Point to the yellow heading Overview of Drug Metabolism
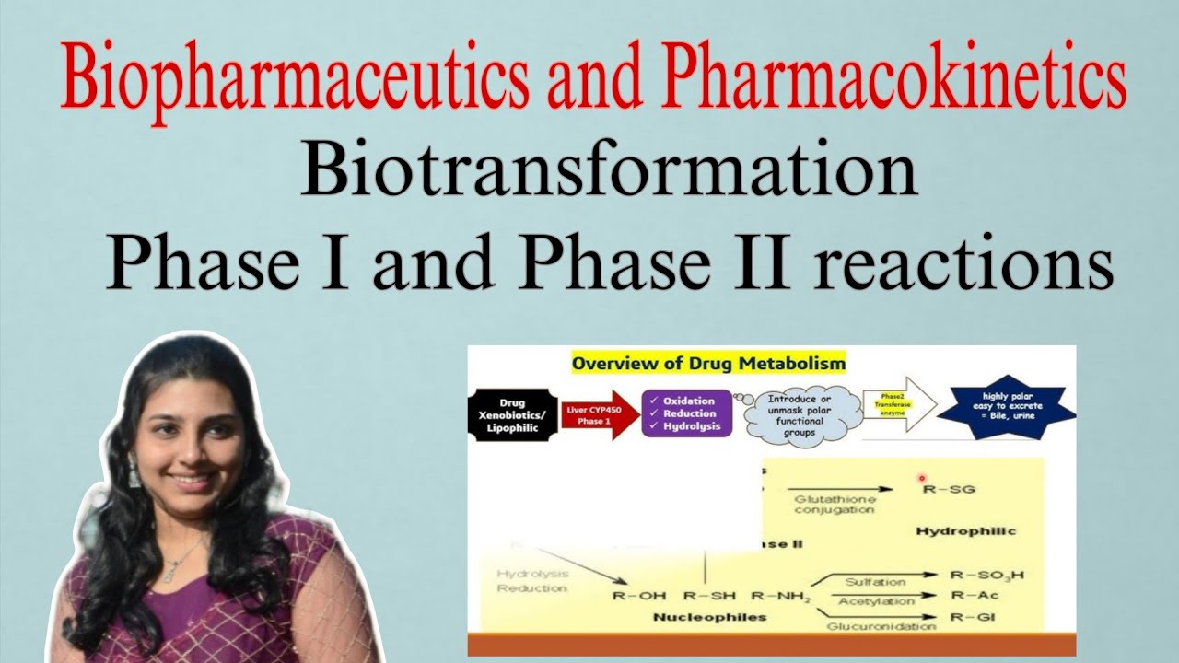708,364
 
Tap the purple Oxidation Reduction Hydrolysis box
686,413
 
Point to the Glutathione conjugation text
834,503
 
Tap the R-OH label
639,596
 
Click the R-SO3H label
986,576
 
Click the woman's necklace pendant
169,575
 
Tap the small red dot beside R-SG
921,479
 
